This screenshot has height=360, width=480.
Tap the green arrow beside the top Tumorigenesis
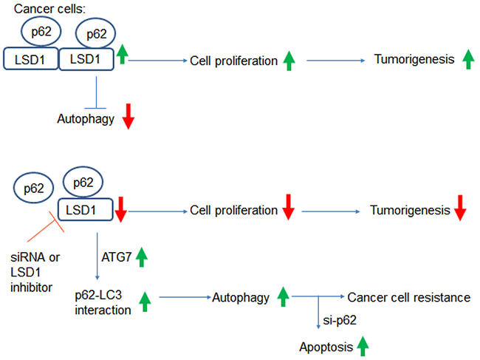point(466,59)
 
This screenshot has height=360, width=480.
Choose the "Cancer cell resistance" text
point(408,298)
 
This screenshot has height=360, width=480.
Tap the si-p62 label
point(340,320)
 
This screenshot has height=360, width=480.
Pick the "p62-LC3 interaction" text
point(103,304)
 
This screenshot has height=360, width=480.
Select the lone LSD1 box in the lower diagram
point(84,211)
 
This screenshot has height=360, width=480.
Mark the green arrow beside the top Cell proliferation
point(289,61)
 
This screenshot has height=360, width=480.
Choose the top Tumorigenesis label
point(414,59)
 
